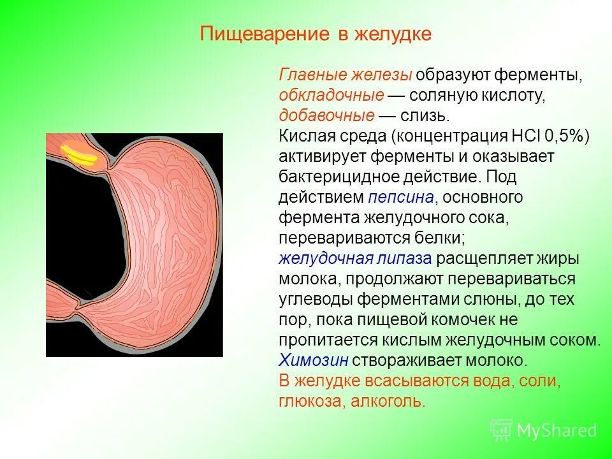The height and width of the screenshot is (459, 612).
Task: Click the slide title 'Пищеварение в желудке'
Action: pyautogui.click(x=316, y=34)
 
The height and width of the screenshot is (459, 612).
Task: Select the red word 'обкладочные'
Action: pyautogui.click(x=331, y=96)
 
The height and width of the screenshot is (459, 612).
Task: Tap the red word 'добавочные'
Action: pyautogui.click(x=326, y=115)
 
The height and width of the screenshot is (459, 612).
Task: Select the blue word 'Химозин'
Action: pyautogui.click(x=313, y=360)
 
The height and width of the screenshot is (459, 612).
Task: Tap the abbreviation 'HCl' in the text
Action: pyautogui.click(x=526, y=136)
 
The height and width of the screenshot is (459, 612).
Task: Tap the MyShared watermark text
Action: pyautogui.click(x=557, y=430)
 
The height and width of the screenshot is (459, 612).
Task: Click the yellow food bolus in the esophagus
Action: pyautogui.click(x=77, y=155)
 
